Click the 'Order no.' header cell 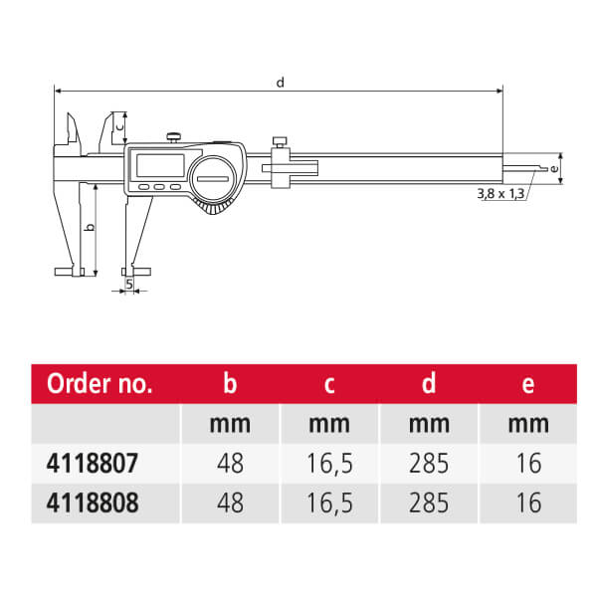(x=99, y=383)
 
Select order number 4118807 (x=93, y=464)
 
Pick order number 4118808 (x=93, y=502)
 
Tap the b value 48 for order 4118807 (x=231, y=464)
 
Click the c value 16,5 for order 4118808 (x=329, y=503)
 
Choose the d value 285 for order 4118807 (x=429, y=464)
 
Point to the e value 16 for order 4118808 (x=528, y=502)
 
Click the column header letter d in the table (x=429, y=383)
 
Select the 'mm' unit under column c (x=329, y=425)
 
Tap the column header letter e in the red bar (x=528, y=385)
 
